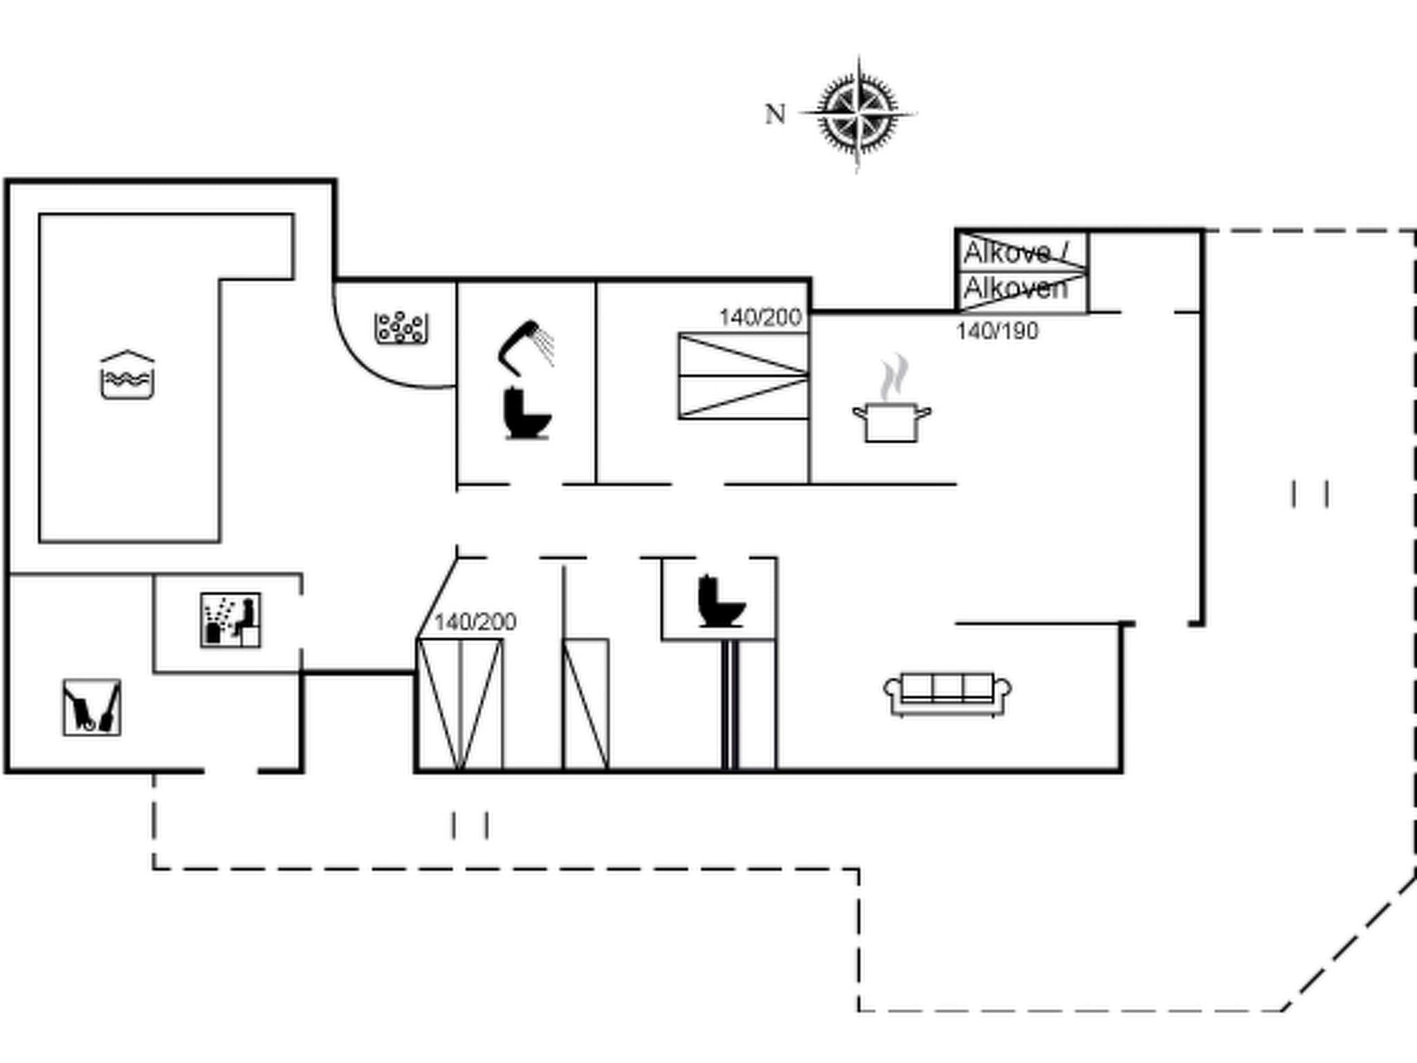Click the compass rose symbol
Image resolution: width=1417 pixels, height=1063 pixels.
coord(858,113)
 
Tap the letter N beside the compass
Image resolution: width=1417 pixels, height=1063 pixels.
coord(775,114)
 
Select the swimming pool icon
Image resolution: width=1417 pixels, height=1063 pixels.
coord(127,375)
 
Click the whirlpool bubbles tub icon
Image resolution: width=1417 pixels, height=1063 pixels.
coord(401,327)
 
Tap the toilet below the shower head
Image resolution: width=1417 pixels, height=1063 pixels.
coord(527,414)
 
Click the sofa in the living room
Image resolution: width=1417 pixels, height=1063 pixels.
coord(947,693)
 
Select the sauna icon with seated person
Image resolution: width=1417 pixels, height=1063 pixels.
coord(230,620)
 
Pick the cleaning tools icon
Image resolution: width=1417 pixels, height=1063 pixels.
coord(92,707)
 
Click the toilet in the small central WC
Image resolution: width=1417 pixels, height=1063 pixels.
coord(721,602)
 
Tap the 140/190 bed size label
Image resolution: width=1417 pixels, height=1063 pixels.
coord(997,331)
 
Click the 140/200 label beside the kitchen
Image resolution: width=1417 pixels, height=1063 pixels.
coord(760,318)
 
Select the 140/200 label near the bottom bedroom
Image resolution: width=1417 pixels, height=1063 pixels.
coord(475,622)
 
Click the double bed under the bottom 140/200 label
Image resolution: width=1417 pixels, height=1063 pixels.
coord(459,703)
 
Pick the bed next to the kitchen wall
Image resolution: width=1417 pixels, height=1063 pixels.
coord(743,376)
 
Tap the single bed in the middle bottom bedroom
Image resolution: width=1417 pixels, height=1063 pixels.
coord(586,703)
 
